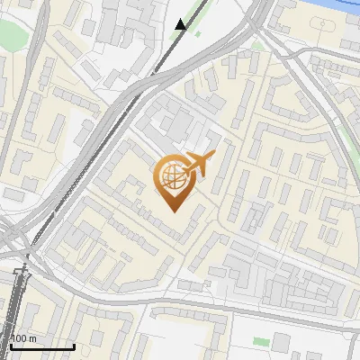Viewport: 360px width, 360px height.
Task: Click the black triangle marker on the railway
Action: coord(181,24)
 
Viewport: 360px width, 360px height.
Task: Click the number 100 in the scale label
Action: coord(18,338)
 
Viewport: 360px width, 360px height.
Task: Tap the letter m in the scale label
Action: coord(32,338)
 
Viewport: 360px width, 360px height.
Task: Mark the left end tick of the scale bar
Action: coord(11,346)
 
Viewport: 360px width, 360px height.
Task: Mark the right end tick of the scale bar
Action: coord(74,346)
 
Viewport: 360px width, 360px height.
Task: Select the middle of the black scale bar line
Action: coord(42,346)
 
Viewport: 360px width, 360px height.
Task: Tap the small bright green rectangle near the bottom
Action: coord(261,342)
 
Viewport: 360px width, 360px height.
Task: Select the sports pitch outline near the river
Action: coord(349,45)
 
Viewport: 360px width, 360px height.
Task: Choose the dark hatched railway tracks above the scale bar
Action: coord(21,297)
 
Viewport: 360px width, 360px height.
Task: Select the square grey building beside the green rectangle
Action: coord(281,342)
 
